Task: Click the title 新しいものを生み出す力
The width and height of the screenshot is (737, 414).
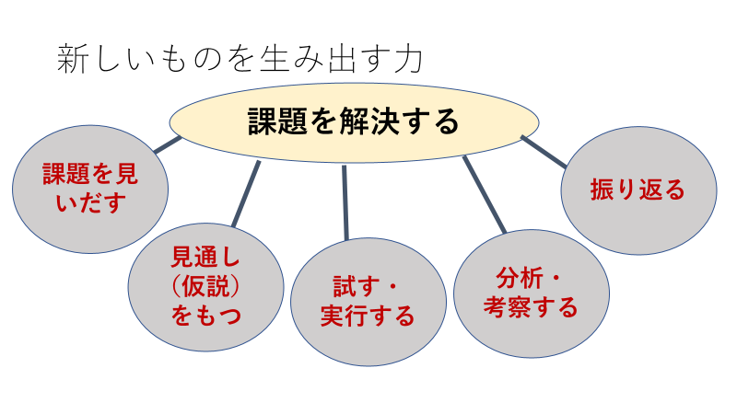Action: tap(240, 59)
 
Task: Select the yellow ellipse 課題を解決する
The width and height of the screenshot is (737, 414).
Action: tap(354, 123)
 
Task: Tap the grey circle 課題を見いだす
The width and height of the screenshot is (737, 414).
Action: tap(90, 190)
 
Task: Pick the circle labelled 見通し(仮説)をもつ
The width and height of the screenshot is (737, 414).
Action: tap(205, 287)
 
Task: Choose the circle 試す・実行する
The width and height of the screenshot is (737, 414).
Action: tap(368, 302)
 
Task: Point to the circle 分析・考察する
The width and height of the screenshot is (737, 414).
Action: tap(532, 293)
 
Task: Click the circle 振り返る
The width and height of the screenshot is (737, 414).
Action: tap(638, 190)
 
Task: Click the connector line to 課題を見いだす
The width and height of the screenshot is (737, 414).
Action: tap(168, 144)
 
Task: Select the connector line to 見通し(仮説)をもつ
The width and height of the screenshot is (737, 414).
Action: tap(246, 194)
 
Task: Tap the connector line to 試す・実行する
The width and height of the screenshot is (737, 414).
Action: tap(345, 202)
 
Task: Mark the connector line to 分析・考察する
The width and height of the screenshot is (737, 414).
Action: tap(485, 195)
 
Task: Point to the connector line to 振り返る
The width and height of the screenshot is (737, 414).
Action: tap(544, 152)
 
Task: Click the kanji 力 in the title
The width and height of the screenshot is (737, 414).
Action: tap(408, 59)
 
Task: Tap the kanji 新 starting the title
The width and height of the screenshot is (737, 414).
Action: tap(73, 59)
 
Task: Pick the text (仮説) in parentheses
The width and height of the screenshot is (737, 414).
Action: tap(205, 286)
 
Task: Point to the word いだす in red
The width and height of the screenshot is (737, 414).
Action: tap(90, 202)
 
